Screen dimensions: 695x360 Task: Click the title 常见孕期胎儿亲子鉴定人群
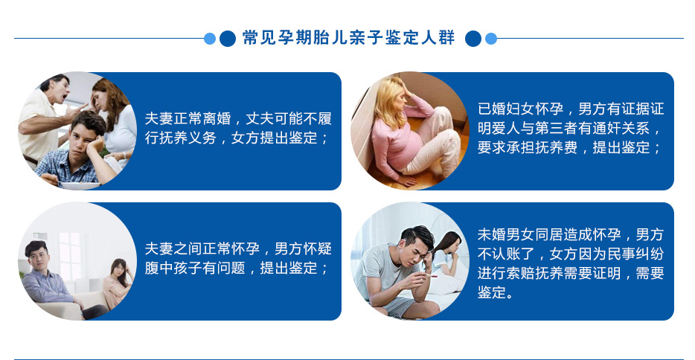click(348, 38)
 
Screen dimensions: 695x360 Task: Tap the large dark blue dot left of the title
click(228, 39)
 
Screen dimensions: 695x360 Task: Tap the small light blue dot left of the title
click(210, 39)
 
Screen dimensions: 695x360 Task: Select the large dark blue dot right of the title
click(473, 39)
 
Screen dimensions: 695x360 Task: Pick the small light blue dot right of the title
click(491, 39)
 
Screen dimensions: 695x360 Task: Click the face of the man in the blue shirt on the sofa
click(39, 257)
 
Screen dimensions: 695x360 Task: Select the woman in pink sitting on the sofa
click(117, 284)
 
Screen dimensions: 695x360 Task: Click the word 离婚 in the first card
click(217, 118)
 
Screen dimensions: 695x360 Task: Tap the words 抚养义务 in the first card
click(188, 138)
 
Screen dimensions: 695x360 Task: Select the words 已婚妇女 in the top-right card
click(506, 109)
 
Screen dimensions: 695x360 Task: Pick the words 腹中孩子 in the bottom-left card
click(173, 268)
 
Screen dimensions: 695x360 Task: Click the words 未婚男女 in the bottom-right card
click(506, 234)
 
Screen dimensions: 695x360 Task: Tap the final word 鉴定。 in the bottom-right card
click(495, 292)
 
